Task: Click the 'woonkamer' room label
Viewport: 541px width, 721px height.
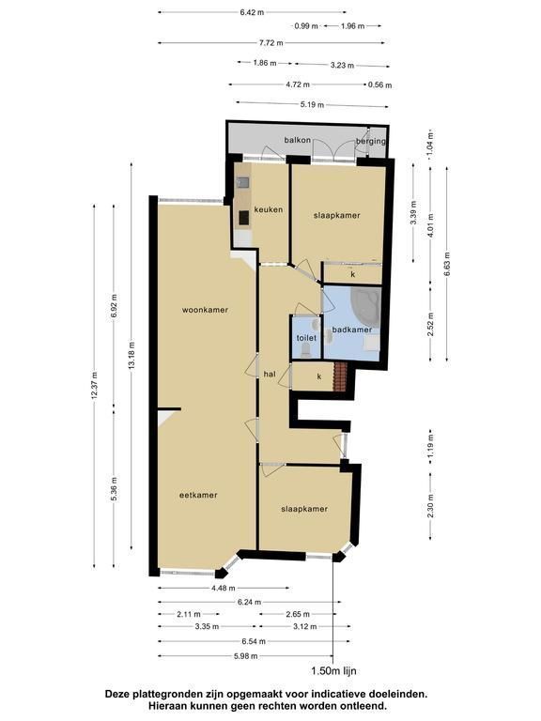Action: point(205,310)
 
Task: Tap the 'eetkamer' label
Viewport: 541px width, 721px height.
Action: point(198,496)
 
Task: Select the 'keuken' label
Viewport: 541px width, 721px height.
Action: point(270,209)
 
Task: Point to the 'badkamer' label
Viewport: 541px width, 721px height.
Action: point(352,330)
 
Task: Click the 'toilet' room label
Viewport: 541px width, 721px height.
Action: point(306,338)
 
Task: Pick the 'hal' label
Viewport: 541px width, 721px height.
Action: point(270,375)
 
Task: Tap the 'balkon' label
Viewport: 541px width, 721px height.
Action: point(298,140)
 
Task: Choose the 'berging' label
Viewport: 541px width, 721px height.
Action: point(371,141)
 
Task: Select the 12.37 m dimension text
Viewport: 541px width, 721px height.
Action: point(94,384)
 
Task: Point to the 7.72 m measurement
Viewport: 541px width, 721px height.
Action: point(270,43)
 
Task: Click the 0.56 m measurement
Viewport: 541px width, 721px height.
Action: point(380,85)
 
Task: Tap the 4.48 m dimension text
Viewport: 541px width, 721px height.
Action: point(224,588)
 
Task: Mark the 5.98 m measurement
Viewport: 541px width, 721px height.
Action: point(246,656)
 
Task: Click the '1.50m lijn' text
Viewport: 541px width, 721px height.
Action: point(334,671)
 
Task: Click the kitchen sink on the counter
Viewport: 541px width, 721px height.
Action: point(243,183)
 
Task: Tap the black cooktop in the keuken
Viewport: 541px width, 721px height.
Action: point(244,218)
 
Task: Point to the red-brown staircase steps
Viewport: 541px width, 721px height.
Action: point(339,377)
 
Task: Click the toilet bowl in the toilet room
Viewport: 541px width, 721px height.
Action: point(306,351)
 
